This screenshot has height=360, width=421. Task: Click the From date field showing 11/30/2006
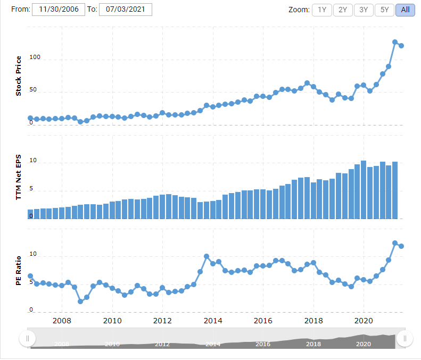(x=59, y=10)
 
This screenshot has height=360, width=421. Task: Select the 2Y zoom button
(x=343, y=10)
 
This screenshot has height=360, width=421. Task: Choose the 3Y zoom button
(x=364, y=10)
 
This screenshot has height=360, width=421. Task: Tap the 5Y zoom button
(x=384, y=10)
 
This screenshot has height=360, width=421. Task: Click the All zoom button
(x=405, y=10)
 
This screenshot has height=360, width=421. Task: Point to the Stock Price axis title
(x=19, y=76)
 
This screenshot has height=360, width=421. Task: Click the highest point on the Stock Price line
(x=395, y=42)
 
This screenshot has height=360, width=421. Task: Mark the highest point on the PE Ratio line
(x=395, y=243)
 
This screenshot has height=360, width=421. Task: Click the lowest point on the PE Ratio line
(x=80, y=302)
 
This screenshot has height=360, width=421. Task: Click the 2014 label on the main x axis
(x=213, y=321)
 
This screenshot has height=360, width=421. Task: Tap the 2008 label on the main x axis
(x=62, y=321)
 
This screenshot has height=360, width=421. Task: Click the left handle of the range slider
(x=27, y=338)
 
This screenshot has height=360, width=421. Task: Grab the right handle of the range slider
(x=405, y=338)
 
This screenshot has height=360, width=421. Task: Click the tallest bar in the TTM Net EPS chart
(x=364, y=189)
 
